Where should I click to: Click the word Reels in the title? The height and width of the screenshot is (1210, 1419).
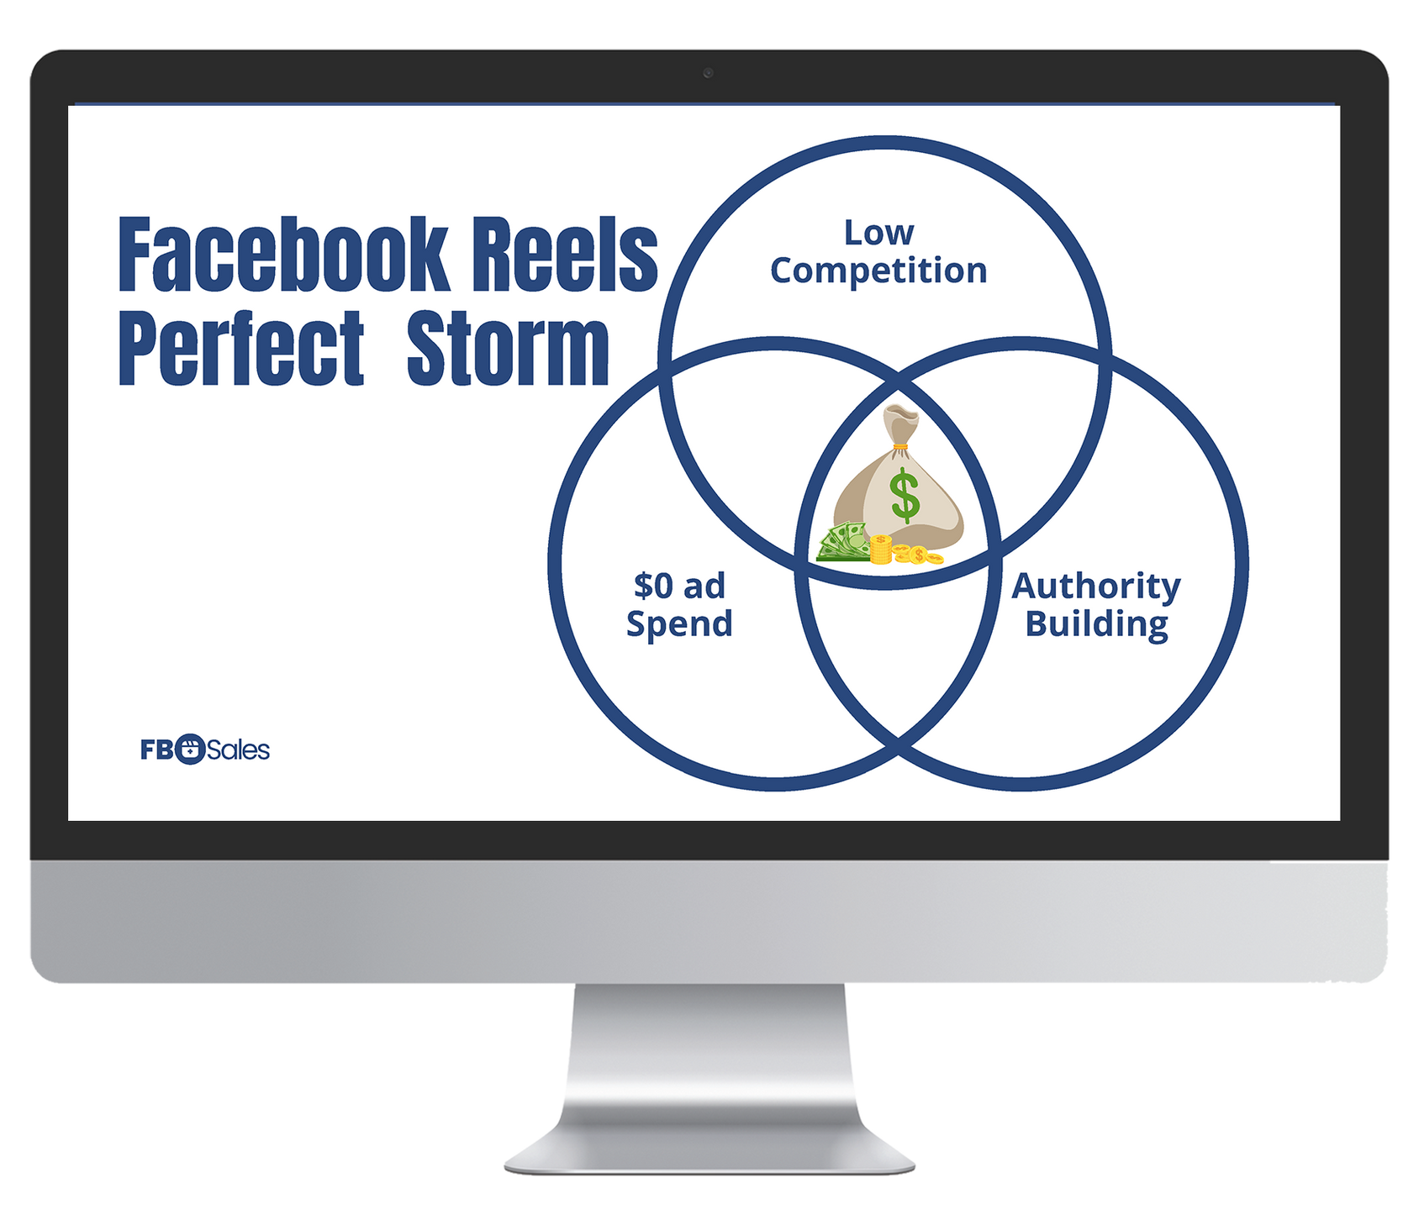(x=564, y=255)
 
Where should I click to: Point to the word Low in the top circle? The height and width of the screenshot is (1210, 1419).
(x=878, y=233)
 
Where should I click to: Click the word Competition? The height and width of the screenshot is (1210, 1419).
(x=878, y=271)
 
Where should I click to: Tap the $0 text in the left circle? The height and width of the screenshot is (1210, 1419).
(x=654, y=586)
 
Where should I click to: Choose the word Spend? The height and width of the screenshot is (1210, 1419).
(x=679, y=624)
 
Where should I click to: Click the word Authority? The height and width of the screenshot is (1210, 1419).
(x=1096, y=587)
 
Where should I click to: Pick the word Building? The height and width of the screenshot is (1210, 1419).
(x=1096, y=624)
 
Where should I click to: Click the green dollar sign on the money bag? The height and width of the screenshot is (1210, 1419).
(x=905, y=496)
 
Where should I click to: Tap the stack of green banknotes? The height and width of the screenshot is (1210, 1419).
(x=843, y=542)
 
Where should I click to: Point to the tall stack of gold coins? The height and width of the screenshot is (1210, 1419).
(x=880, y=549)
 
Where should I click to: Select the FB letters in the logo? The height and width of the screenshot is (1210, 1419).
(x=156, y=750)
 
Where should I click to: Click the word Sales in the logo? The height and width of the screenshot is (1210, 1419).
(x=238, y=750)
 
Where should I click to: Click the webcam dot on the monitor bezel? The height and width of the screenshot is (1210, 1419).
(x=709, y=73)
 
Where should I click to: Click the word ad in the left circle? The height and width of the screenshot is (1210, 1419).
(x=704, y=586)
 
